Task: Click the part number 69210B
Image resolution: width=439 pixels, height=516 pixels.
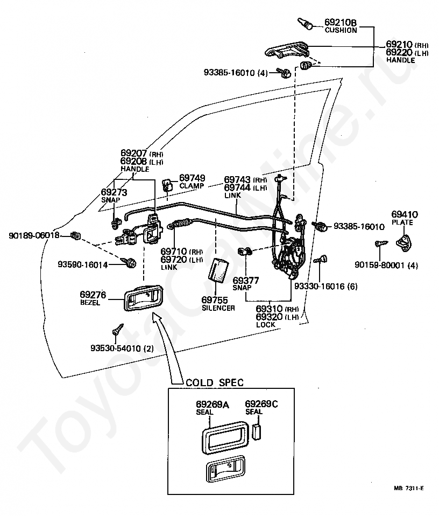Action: coord(341,22)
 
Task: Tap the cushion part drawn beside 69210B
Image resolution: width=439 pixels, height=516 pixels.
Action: coord(305,24)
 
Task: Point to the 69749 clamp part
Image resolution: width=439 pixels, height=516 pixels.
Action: coord(167,185)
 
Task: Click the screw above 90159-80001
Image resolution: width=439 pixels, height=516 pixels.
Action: coord(381,243)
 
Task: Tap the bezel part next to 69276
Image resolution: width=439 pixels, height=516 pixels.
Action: coord(143,298)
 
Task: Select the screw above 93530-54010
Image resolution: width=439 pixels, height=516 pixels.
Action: coord(118,329)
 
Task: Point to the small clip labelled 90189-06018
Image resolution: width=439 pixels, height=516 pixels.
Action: coord(75,235)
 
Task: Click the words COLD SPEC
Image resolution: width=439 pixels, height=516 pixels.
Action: coord(215,383)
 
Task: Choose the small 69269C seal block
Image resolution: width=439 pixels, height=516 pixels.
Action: coord(257,431)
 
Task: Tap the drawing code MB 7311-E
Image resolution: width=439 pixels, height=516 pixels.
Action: coord(409,489)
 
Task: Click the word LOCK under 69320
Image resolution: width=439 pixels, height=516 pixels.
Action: coord(266,325)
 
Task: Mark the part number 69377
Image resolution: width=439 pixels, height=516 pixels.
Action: coord(246,281)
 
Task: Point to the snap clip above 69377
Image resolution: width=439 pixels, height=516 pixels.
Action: coord(244,252)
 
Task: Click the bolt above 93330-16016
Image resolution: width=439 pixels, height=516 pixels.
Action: coord(321,260)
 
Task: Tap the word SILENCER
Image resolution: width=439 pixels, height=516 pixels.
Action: coord(218,308)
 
